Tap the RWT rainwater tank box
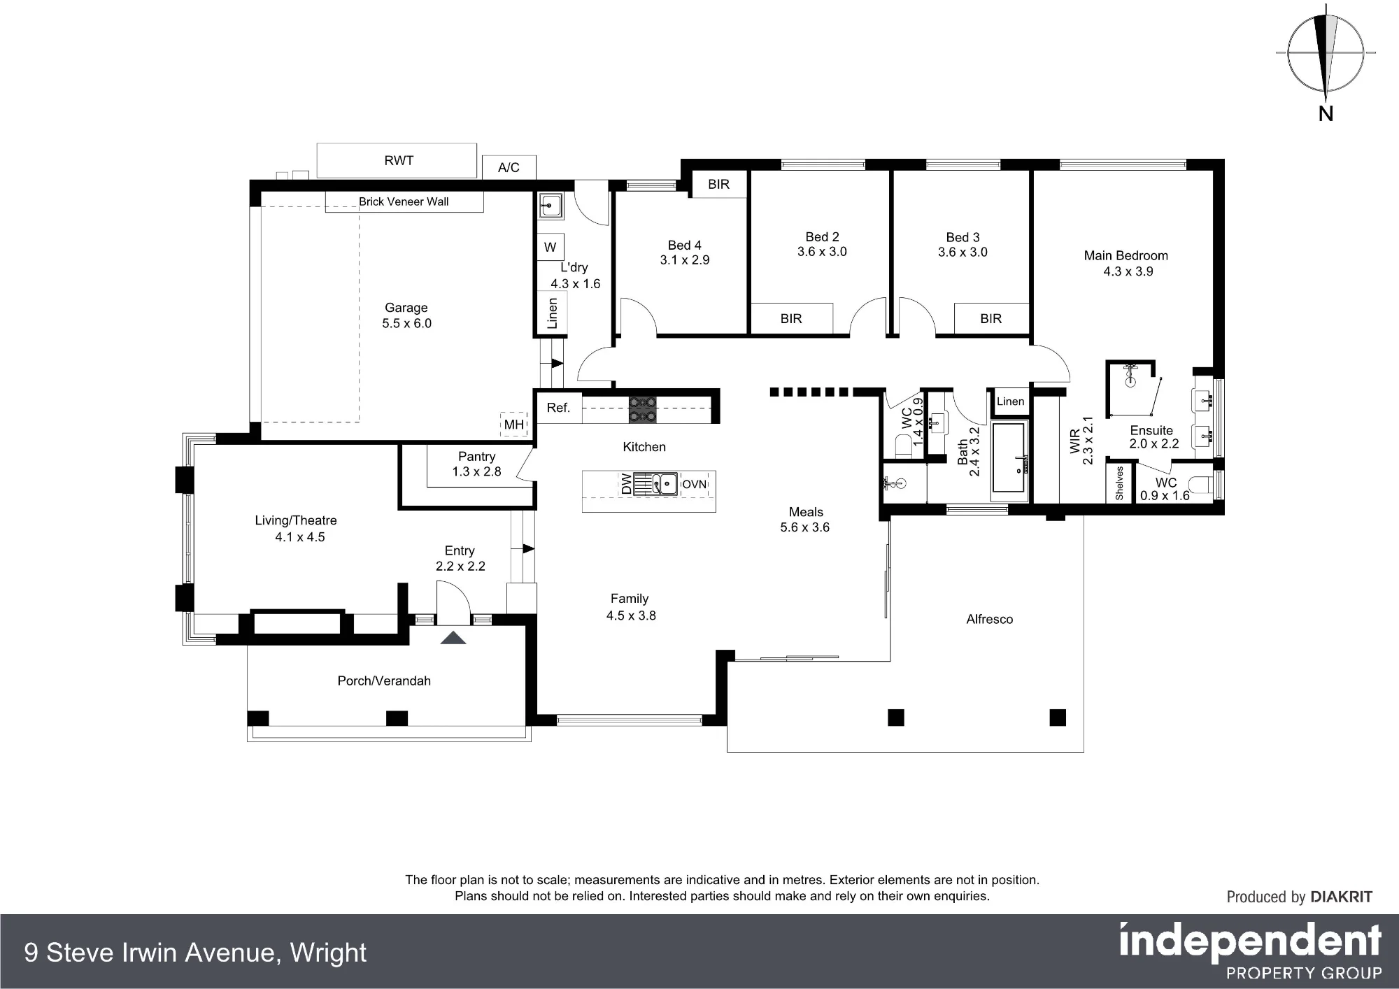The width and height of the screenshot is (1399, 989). point(397,161)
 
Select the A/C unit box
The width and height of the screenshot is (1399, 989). point(509,167)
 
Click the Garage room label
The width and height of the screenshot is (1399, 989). point(406,308)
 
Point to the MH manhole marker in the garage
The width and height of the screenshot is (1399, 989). point(514,425)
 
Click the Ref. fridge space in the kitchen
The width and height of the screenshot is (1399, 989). point(559,408)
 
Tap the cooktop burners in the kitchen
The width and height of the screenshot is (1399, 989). point(643,410)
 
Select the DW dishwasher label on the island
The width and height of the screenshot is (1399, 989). point(627,484)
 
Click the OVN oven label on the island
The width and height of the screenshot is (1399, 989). point(695,484)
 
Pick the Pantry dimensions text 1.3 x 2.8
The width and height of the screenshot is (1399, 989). point(477,471)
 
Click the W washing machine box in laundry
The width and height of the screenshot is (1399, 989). point(551,247)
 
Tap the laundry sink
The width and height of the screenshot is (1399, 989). point(551,206)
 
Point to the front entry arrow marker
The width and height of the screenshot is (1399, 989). point(453,637)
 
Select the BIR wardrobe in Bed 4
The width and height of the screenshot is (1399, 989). point(719,185)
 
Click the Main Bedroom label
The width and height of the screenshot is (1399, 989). point(1126,256)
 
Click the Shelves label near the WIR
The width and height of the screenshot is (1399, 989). point(1119,483)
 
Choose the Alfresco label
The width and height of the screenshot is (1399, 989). point(990,619)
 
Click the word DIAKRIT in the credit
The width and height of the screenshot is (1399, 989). point(1342,897)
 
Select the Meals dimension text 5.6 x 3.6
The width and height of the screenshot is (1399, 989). point(805,527)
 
